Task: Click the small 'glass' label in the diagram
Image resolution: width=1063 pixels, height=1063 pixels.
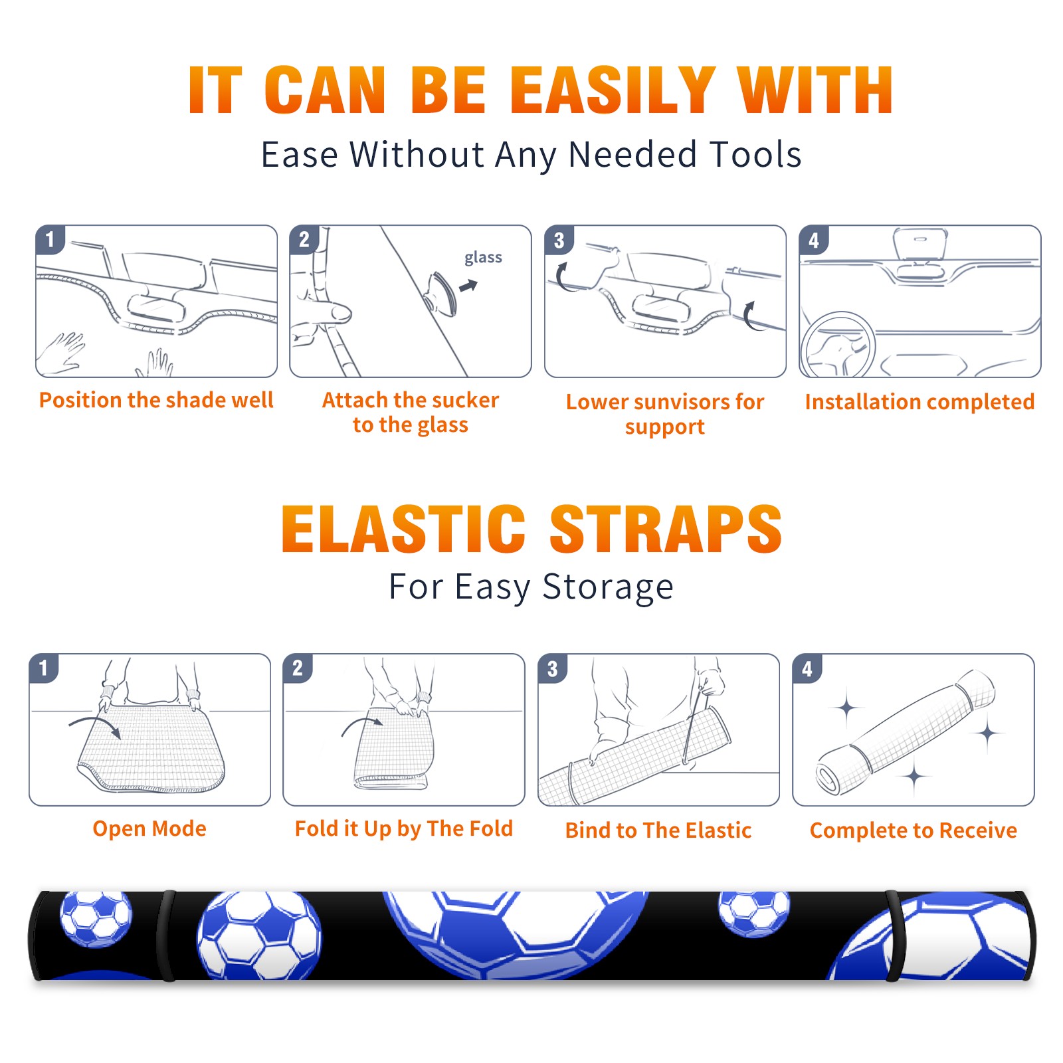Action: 483,258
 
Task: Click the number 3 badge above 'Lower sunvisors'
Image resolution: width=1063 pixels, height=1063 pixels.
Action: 559,240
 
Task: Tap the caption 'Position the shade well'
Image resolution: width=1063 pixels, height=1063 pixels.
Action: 156,400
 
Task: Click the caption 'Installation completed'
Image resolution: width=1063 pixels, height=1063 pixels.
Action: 919,402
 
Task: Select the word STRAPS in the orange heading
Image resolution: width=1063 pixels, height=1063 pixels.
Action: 666,529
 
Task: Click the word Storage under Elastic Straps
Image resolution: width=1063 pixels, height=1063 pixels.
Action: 608,587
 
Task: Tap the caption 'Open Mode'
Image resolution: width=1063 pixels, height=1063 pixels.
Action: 149,828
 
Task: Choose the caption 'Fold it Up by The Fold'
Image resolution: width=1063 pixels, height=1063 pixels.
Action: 404,828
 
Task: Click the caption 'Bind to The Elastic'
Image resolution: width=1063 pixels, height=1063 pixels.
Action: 658,830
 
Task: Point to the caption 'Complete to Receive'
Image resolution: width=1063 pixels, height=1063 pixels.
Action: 914,830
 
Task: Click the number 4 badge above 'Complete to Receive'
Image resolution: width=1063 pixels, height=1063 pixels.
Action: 807,668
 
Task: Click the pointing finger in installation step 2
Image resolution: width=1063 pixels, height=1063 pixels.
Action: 326,312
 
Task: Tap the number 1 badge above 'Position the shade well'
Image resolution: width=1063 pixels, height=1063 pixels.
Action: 50,239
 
